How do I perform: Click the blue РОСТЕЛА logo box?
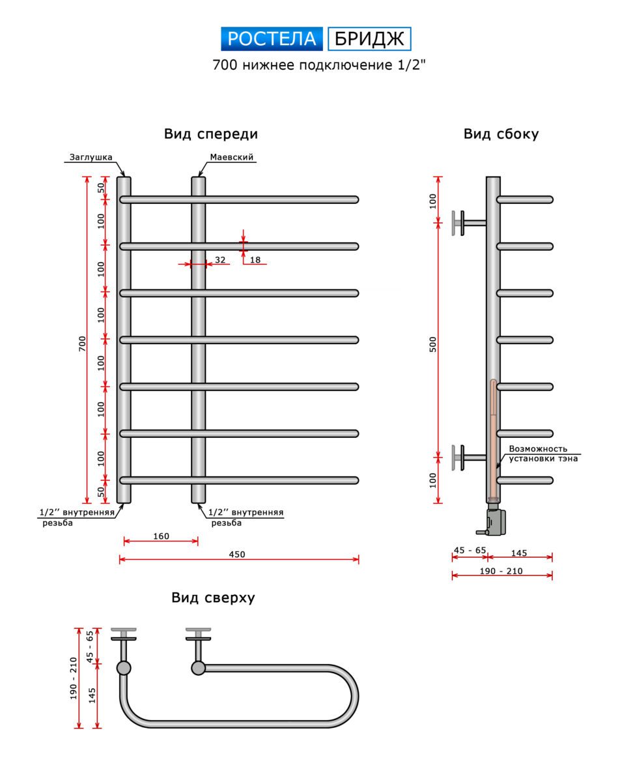272,39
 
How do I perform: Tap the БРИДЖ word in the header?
369,39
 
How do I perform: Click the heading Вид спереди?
211,134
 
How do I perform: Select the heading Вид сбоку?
501,134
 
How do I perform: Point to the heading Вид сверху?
213,598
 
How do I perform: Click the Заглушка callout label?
91,157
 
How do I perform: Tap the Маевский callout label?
231,157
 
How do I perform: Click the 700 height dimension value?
82,345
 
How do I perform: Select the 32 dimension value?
220,260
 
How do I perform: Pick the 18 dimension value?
255,260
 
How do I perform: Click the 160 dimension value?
161,536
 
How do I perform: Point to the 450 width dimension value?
237,555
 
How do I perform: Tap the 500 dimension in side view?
434,343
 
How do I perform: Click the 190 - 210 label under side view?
501,571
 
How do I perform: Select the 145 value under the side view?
519,553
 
